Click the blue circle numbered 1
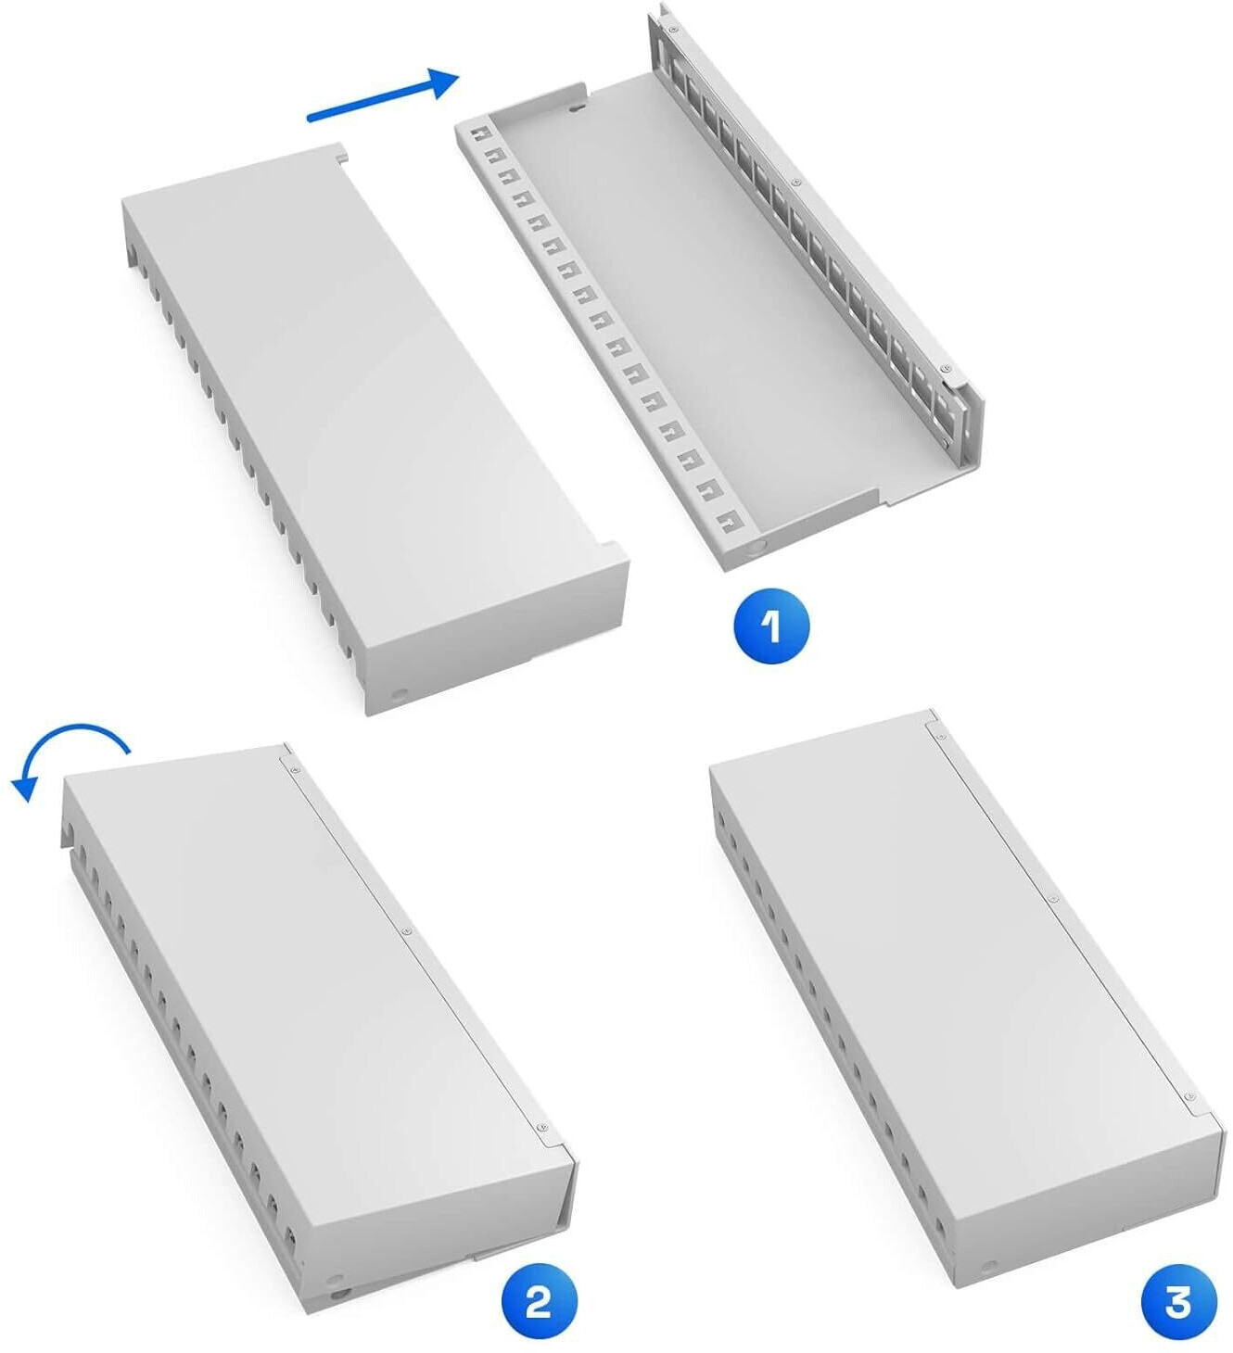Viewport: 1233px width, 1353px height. [771, 626]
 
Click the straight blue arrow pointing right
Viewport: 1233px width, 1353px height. [383, 95]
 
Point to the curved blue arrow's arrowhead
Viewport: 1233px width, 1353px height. [26, 786]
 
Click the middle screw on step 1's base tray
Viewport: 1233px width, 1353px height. [796, 183]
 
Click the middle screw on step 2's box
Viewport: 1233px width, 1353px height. [406, 931]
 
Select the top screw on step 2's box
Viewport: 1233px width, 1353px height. [291, 767]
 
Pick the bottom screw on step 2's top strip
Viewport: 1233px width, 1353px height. [540, 1124]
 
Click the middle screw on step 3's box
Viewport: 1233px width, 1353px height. [1050, 899]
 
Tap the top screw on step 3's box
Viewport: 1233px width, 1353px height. [937, 734]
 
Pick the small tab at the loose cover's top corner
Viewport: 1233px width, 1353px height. [341, 155]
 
